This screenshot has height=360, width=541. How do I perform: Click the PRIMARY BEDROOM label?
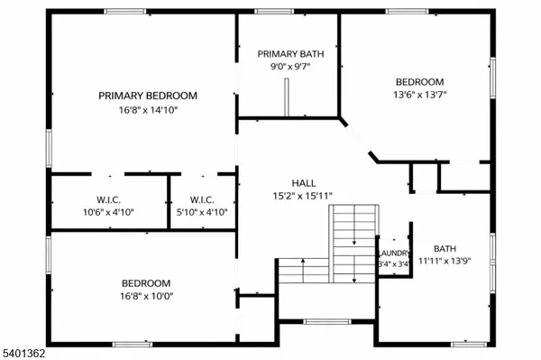point(147,96)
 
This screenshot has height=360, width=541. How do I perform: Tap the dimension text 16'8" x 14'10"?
point(147,111)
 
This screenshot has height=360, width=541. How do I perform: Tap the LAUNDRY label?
point(395,254)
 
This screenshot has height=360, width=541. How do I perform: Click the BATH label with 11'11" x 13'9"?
point(445,249)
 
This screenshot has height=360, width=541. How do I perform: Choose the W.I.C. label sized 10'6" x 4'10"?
point(108,199)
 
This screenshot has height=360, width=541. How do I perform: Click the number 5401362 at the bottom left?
point(23,353)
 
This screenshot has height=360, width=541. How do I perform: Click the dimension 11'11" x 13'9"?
point(445,262)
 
